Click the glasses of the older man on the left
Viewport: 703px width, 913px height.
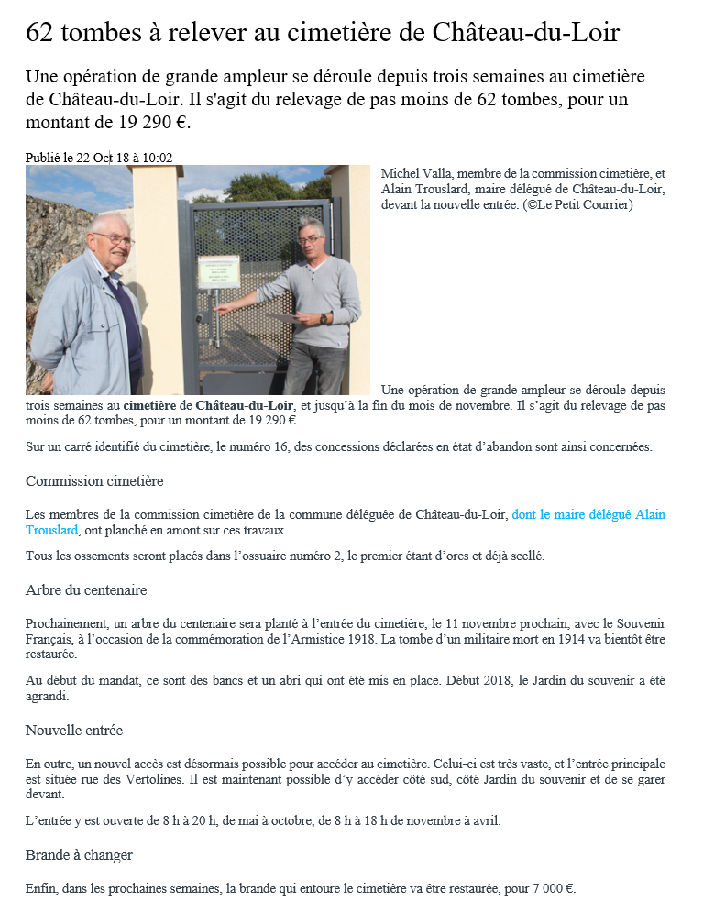coord(114,238)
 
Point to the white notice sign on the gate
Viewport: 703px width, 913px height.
coord(219,271)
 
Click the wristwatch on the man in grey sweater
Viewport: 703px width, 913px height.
coord(324,318)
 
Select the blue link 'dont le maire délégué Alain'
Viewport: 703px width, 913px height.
coord(588,515)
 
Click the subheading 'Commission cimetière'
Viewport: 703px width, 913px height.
coord(94,481)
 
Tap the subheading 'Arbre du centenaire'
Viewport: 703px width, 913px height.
coord(86,589)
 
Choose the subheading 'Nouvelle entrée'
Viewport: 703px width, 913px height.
coord(74,731)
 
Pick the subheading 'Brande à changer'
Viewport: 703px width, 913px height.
coord(79,855)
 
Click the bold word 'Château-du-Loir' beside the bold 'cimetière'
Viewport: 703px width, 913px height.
coord(245,405)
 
